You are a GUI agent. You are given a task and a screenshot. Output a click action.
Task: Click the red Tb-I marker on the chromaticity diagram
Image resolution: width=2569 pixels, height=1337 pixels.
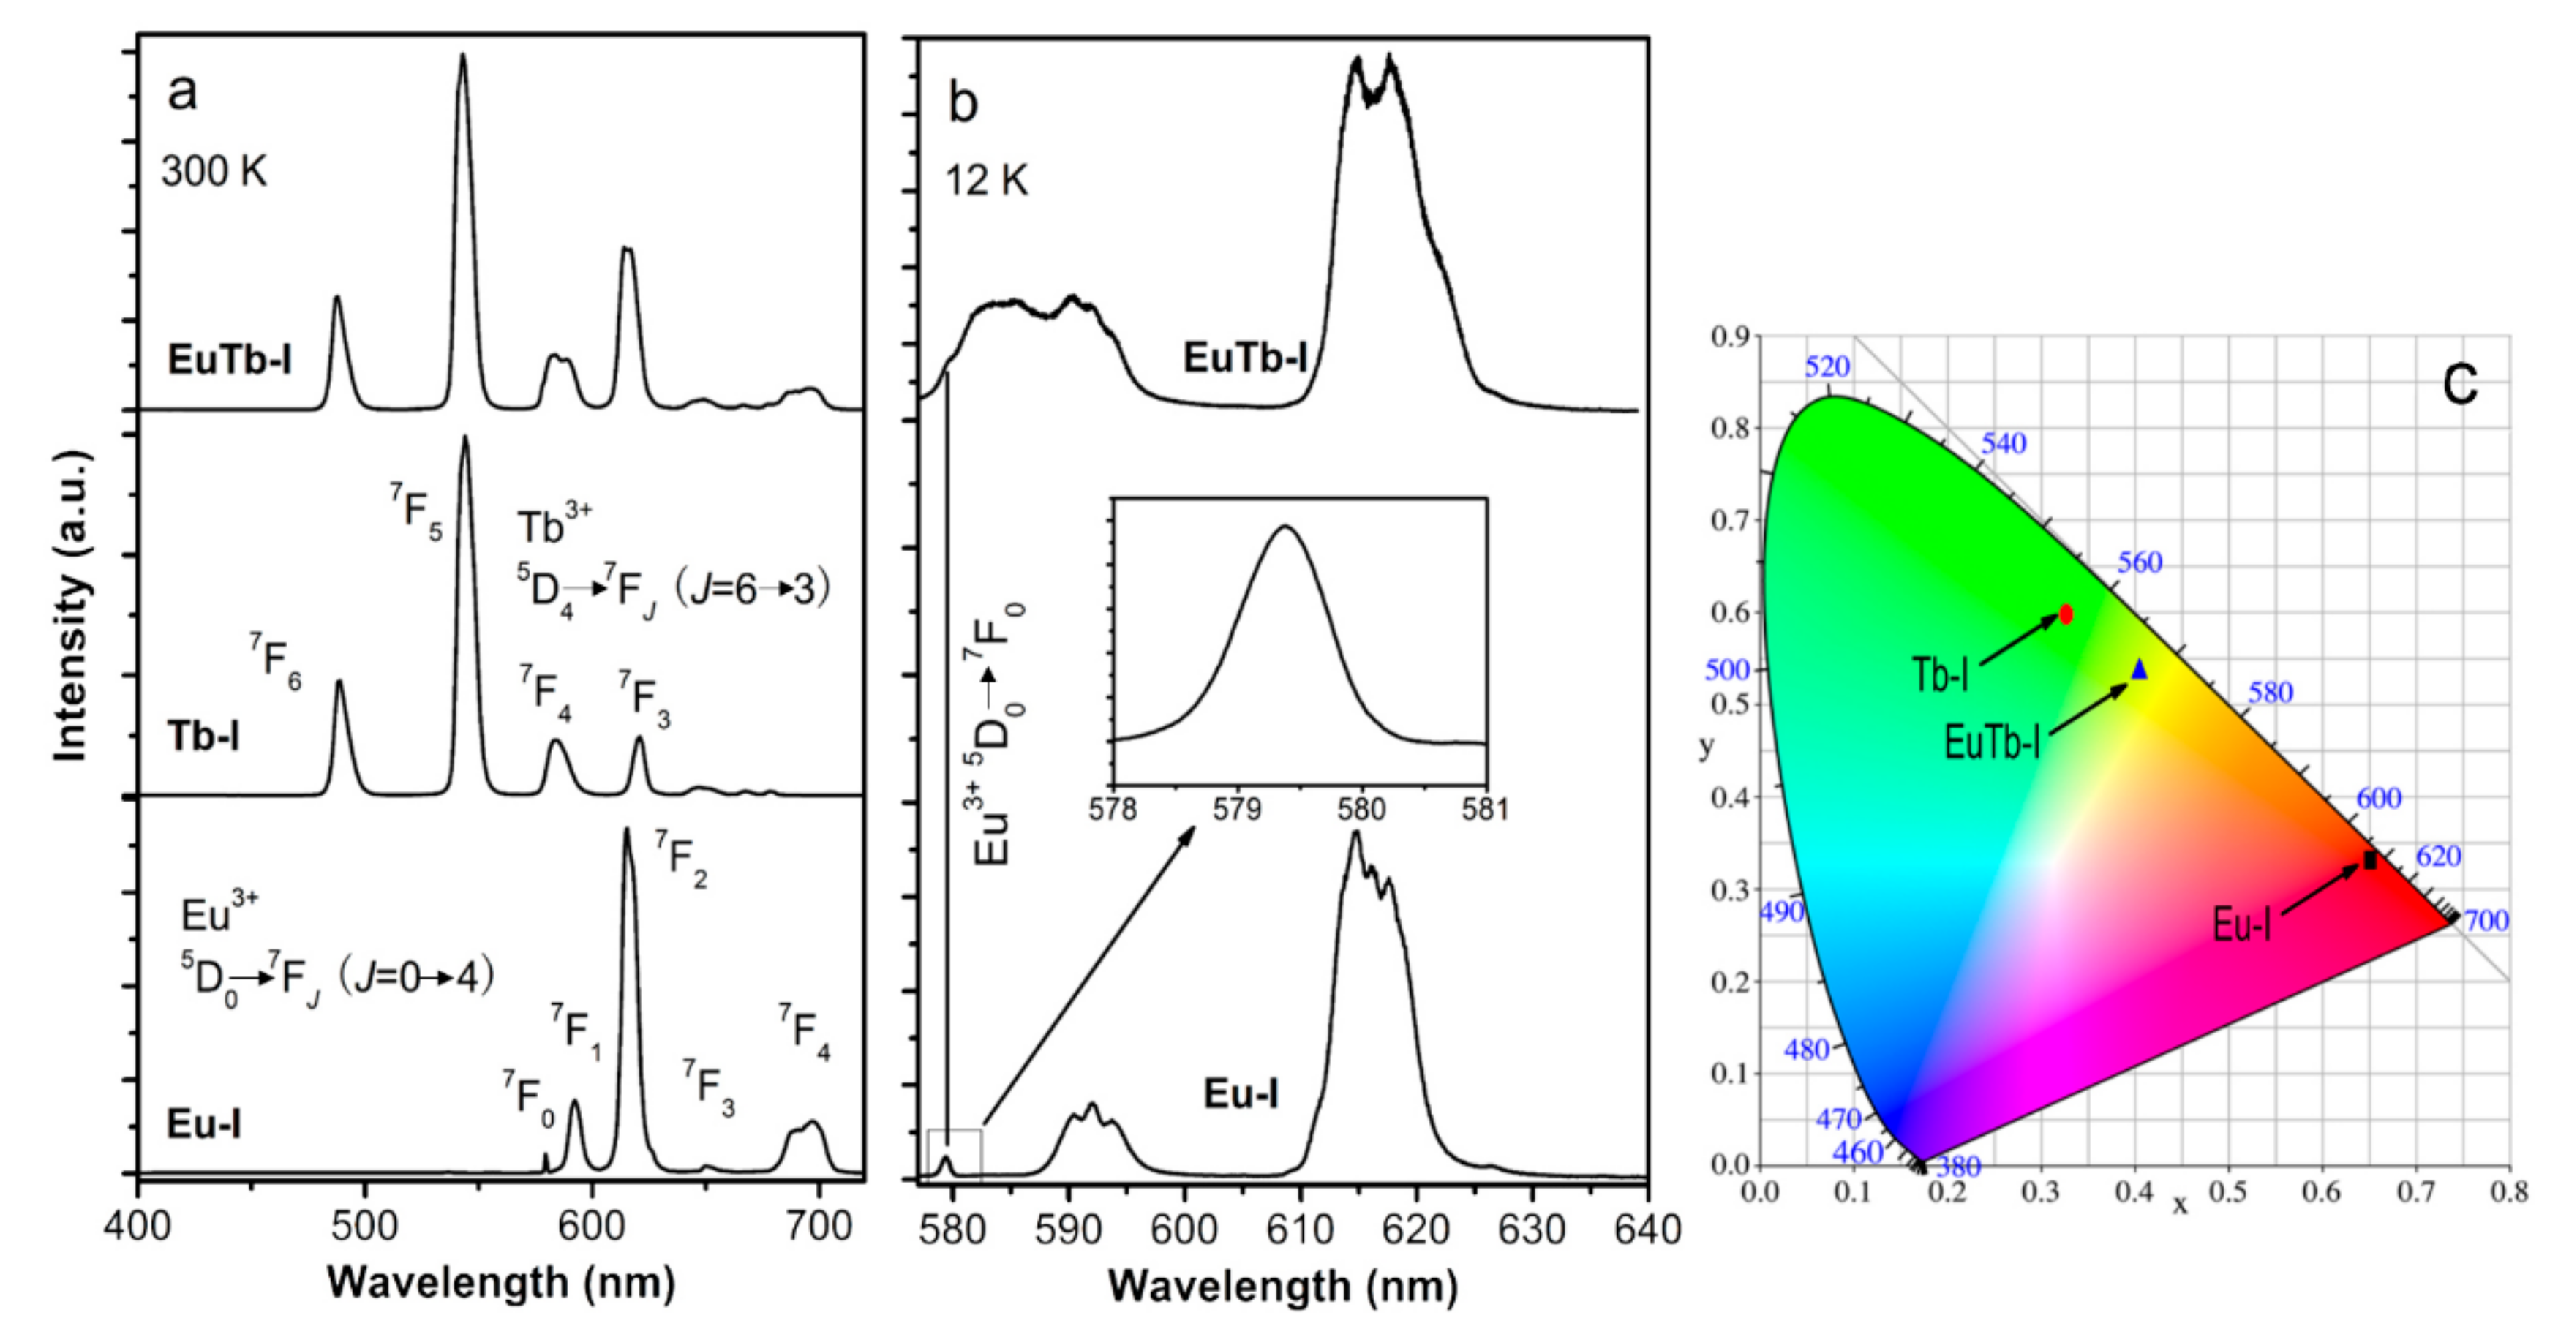[2066, 613]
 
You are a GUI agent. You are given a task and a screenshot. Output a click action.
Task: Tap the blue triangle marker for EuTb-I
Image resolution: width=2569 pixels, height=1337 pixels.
[2139, 670]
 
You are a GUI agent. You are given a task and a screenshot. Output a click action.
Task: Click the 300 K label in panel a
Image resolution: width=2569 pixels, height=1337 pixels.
[214, 173]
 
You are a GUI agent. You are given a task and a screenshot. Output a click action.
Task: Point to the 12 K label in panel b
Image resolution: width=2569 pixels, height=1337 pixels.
[986, 181]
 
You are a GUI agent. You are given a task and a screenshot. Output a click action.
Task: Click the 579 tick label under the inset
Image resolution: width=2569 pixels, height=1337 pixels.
[1237, 810]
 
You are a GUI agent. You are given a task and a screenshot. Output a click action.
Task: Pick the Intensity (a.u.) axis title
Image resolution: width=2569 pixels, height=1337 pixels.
[72, 606]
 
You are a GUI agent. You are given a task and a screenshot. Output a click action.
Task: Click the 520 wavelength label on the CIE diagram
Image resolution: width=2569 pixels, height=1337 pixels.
[1827, 367]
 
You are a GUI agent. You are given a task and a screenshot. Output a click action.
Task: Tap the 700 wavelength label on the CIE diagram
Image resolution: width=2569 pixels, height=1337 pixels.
[2486, 920]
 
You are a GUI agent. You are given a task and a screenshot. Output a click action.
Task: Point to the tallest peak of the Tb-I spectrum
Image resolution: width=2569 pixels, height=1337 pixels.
[464, 439]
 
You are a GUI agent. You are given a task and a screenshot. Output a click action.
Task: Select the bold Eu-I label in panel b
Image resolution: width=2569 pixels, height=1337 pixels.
[1241, 1093]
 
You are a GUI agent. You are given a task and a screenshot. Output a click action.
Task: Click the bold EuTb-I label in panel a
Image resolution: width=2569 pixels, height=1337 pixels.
[230, 360]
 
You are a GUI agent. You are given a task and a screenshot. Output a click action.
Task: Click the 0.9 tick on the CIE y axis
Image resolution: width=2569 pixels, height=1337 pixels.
[1730, 337]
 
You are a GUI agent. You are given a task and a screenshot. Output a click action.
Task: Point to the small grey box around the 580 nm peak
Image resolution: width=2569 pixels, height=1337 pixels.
[955, 1153]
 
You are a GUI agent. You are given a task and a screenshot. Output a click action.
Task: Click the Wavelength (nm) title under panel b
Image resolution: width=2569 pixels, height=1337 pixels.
[1282, 1286]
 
